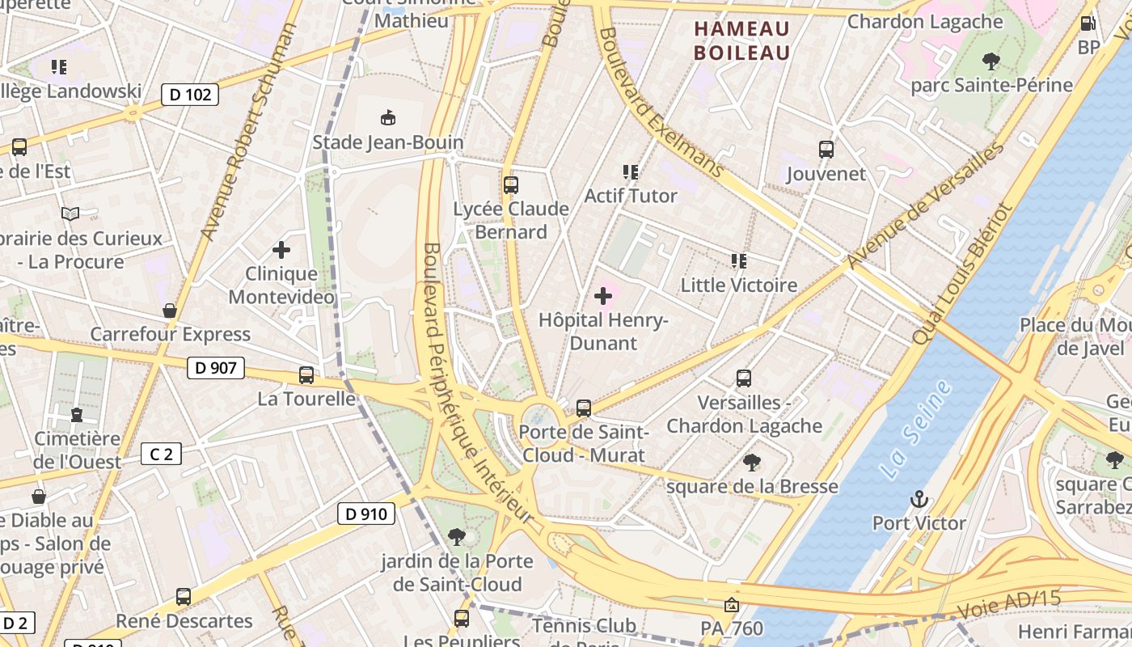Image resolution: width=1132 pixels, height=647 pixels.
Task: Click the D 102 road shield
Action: click(x=190, y=95)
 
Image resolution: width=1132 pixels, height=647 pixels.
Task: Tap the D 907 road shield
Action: click(x=216, y=369)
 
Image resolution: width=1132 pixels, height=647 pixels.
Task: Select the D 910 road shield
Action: click(x=365, y=514)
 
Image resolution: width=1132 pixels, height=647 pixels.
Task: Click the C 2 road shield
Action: click(x=161, y=455)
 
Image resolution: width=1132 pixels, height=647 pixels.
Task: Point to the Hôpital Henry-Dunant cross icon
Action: click(x=603, y=296)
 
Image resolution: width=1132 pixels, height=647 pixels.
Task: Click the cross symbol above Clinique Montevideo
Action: click(x=281, y=250)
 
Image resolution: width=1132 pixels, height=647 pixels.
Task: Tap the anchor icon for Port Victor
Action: click(x=919, y=499)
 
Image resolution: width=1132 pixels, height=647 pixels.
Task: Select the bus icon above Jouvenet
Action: click(x=826, y=150)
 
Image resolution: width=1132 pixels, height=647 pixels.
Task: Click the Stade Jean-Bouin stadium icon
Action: click(x=388, y=118)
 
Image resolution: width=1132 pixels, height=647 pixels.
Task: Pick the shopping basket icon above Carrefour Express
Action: click(x=170, y=311)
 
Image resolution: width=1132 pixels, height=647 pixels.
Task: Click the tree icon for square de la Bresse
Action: click(x=752, y=463)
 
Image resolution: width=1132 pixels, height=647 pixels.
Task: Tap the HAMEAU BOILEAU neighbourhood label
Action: click(x=741, y=40)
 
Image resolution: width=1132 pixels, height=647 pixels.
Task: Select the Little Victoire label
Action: click(x=738, y=285)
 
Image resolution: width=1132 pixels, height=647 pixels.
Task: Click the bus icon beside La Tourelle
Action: click(x=306, y=375)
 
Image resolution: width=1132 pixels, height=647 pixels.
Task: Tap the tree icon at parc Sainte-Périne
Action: click(x=990, y=61)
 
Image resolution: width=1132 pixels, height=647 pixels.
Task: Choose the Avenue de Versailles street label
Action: click(x=925, y=206)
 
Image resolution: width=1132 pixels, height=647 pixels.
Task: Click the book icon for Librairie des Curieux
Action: click(x=70, y=214)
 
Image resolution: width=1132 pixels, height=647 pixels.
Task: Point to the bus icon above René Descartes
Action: click(x=184, y=597)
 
